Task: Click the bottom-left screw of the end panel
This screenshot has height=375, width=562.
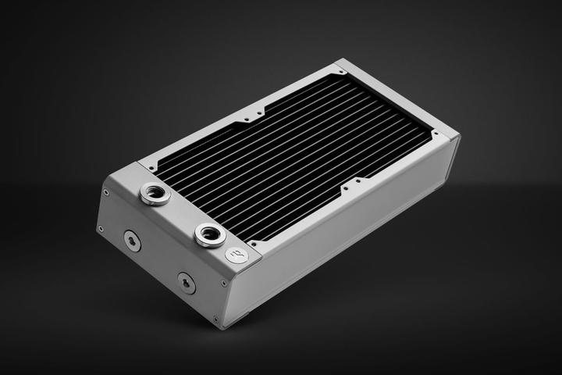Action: point(100,228)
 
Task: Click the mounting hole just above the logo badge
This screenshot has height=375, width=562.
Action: point(252,241)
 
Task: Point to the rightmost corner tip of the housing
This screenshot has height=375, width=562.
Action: point(460,139)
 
